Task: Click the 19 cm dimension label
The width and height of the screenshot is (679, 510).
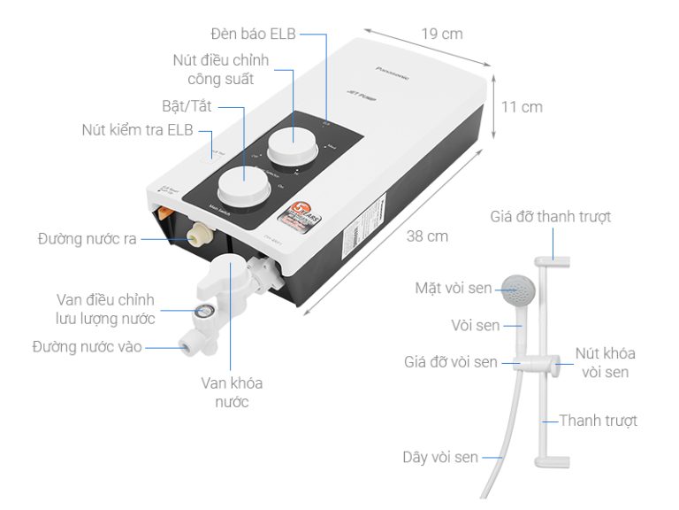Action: [441, 35]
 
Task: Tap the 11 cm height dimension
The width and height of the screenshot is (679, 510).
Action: [522, 107]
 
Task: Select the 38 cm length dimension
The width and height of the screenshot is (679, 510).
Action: [427, 236]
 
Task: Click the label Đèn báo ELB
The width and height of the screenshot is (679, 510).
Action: [253, 34]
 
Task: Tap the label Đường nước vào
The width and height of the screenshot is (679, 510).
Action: [87, 346]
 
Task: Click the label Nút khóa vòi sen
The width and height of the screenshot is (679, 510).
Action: [605, 363]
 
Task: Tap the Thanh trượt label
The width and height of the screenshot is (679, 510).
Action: [598, 421]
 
